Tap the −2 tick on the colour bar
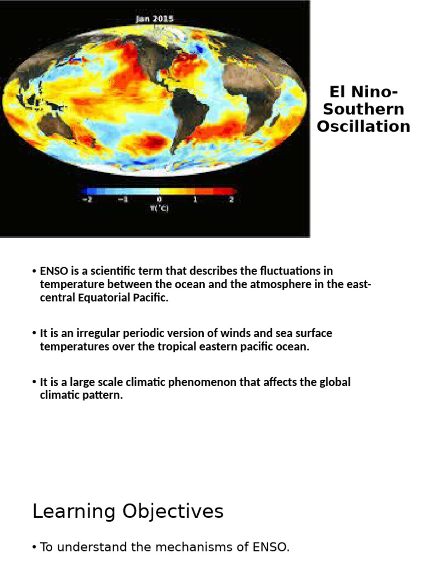coord(86,200)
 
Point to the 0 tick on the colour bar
coord(159,200)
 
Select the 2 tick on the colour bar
coord(231,200)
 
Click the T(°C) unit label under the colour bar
coord(159,208)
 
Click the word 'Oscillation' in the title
coord(363,126)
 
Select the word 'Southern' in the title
coord(363,109)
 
